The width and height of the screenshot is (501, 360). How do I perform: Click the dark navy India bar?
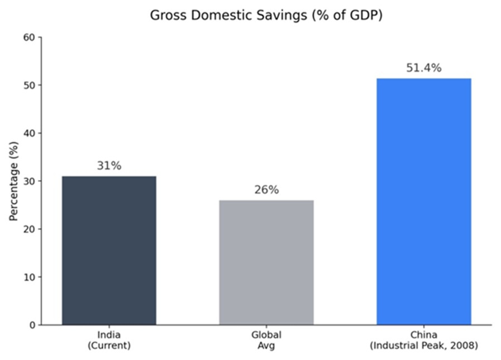point(109,251)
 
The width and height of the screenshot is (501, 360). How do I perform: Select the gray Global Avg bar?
point(266,262)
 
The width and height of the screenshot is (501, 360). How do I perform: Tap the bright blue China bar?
point(424,201)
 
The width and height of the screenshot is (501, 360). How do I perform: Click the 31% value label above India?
point(109,166)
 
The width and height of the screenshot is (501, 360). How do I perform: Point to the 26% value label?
point(266,190)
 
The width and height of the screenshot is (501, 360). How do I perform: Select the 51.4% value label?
point(424,68)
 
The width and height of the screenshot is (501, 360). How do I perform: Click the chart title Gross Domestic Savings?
point(266,15)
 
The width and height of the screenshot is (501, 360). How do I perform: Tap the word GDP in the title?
point(364,15)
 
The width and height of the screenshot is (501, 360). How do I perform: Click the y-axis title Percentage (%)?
point(13,181)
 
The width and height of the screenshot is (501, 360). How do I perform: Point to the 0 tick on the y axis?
point(32,325)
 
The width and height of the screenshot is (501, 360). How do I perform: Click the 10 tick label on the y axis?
point(29,277)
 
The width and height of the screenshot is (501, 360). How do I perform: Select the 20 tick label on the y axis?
point(29,229)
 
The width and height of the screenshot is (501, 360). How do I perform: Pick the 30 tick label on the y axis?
point(29,181)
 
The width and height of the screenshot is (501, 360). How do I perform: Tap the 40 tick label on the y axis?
point(29,133)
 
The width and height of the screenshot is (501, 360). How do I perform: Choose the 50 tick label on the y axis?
point(29,85)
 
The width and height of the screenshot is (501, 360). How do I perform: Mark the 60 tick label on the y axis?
point(29,37)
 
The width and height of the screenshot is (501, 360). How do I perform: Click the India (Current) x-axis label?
point(109,340)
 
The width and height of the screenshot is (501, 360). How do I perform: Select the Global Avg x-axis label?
point(266,340)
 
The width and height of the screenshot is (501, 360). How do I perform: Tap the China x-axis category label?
point(424,335)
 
